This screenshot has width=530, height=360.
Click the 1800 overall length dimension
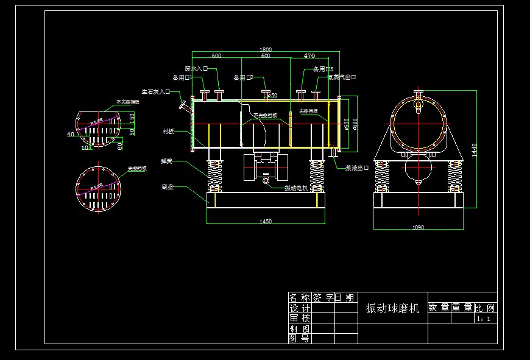(x=266, y=49)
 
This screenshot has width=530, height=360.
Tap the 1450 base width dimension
(x=266, y=222)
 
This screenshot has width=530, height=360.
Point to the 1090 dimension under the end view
(x=418, y=227)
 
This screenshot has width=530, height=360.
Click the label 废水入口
(x=197, y=69)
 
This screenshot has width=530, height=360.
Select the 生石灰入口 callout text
(x=156, y=91)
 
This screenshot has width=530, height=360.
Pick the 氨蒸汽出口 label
(x=341, y=77)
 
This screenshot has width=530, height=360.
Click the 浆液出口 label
(x=357, y=168)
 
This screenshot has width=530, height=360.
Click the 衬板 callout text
(x=168, y=131)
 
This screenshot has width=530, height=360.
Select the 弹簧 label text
(x=167, y=161)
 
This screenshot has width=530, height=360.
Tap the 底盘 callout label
(x=168, y=187)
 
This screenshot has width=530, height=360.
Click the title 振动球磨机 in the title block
(x=392, y=309)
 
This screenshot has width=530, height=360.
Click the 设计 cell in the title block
(x=299, y=308)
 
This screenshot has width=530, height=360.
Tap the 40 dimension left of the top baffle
(x=71, y=134)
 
